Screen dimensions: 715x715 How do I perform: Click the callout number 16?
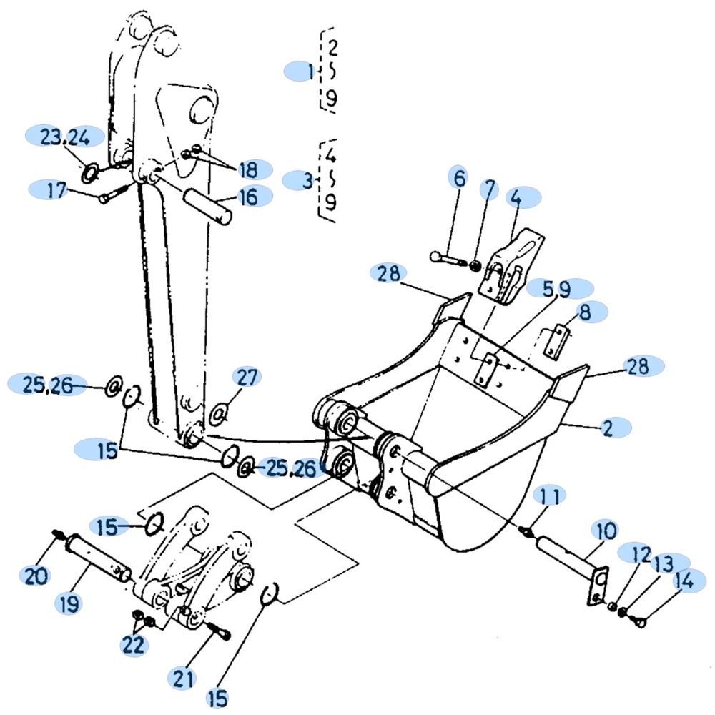(x=249, y=197)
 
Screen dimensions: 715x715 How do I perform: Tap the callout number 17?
(x=56, y=189)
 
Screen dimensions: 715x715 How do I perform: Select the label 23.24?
(x=65, y=137)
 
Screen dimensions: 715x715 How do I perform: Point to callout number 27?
(x=247, y=378)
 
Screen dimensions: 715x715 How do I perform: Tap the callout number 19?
(x=69, y=603)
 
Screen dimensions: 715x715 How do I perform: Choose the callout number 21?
(x=183, y=678)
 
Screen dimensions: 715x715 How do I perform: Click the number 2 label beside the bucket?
(x=608, y=428)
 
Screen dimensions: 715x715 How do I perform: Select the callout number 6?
(x=460, y=178)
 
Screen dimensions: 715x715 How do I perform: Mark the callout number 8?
(x=585, y=312)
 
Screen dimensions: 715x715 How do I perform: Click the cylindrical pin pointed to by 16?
(x=208, y=207)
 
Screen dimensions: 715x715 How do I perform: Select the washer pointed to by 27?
(x=217, y=414)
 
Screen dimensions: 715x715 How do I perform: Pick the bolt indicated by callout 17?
(x=118, y=193)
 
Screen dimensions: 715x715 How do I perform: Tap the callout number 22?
(x=133, y=644)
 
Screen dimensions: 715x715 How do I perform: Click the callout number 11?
(x=550, y=495)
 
